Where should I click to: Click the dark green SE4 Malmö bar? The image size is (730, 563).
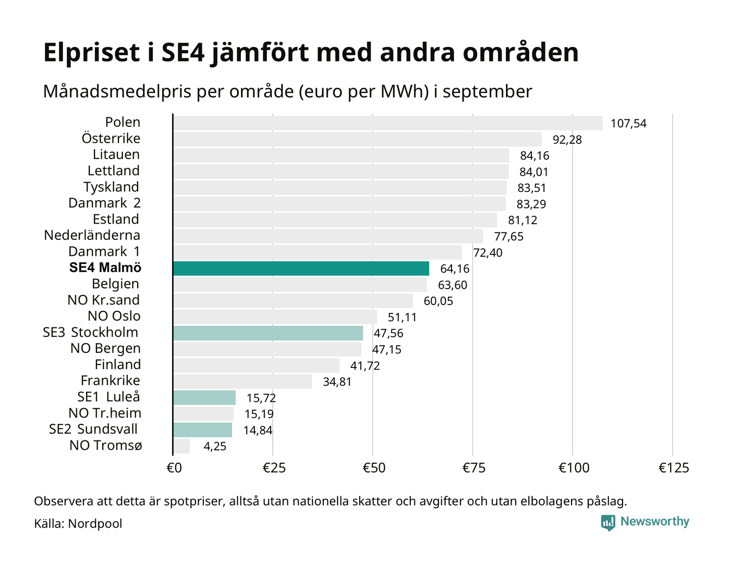coord(301,268)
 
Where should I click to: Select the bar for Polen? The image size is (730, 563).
coord(387,123)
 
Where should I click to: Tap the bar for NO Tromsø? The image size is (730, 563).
coord(181,446)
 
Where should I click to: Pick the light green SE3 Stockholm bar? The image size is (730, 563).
coord(268,333)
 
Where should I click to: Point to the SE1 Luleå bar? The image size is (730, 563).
coord(204,398)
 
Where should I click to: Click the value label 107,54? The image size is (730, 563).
coord(628,124)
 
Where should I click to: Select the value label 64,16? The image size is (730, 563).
coord(455,269)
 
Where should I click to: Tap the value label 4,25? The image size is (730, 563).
coord(215,447)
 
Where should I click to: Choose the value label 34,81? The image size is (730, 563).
coord(337,382)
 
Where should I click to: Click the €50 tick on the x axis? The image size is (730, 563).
coord(373,468)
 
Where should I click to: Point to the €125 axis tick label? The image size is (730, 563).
coord(673,468)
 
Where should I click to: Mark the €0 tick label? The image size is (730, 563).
coord(174,468)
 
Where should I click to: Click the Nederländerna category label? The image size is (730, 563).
coord(92,236)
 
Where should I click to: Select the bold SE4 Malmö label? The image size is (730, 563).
coord(105,268)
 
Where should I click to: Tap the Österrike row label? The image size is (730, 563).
coord(111,139)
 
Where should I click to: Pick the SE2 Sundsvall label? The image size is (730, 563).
coord(93,430)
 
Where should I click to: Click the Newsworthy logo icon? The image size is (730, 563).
coord(607,522)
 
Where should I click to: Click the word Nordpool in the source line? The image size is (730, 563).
coord(95,524)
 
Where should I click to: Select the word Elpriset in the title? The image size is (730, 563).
coord(92,53)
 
